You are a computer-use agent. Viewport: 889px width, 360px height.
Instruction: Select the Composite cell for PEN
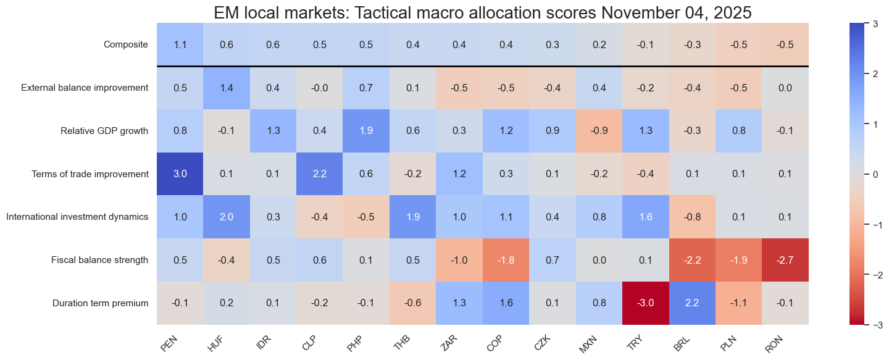180,44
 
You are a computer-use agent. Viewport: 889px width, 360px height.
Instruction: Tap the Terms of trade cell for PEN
180,174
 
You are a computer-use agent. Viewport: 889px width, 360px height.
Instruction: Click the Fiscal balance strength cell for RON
785,260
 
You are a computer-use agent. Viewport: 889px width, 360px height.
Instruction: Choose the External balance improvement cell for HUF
227,87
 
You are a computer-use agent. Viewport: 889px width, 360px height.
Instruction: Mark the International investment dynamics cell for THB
413,217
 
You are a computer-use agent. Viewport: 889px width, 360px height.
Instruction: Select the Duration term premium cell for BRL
692,303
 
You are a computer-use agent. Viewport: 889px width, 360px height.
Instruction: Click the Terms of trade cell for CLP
320,174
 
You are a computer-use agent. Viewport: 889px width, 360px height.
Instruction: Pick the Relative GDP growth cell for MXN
599,130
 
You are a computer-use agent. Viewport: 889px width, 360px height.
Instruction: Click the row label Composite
126,44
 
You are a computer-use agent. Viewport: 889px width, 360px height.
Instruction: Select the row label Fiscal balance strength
100,260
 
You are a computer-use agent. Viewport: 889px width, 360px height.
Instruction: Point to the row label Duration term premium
101,303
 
